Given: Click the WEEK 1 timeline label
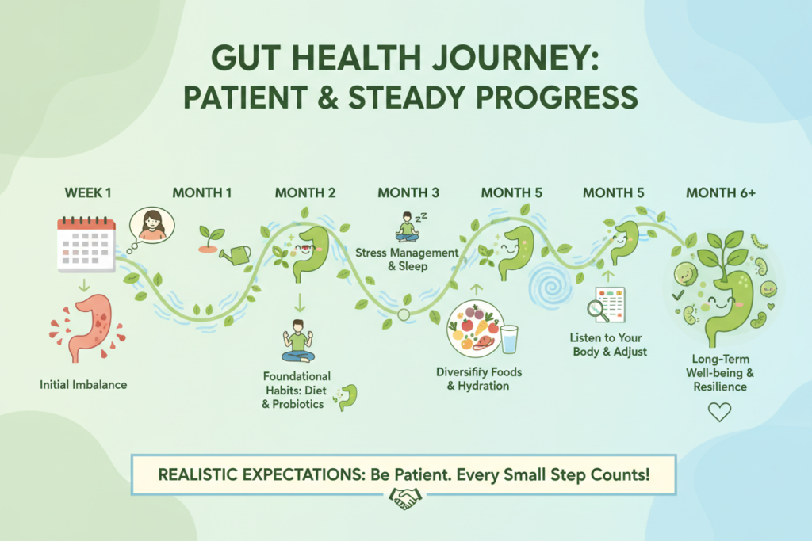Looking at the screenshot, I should coord(86,192).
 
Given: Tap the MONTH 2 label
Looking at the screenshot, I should coord(305,192).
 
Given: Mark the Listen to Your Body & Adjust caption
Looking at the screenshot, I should coord(609,345).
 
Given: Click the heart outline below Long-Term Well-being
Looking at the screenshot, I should coord(719,411).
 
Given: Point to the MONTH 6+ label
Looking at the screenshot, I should coord(719,192).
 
